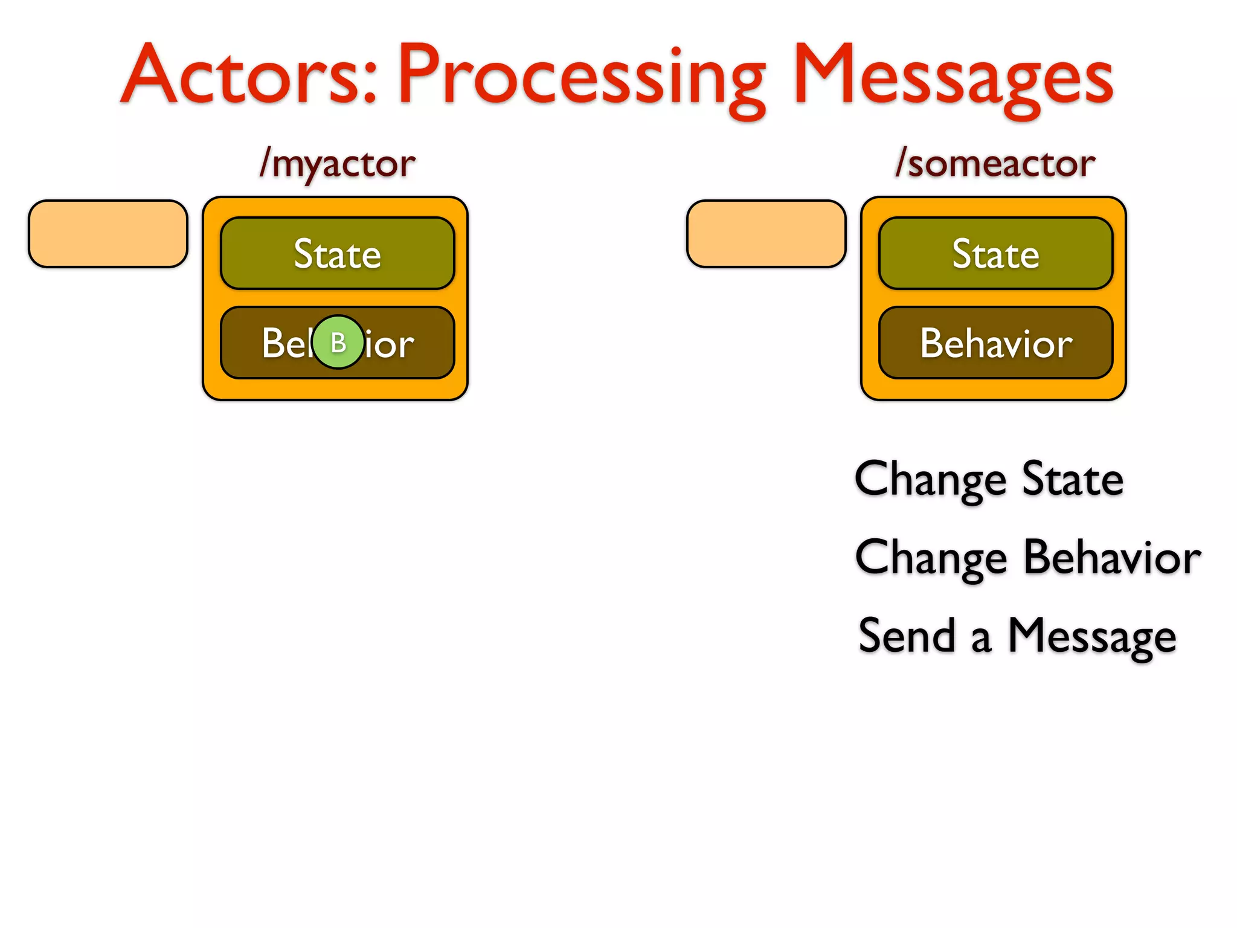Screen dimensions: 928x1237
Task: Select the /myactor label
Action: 337,164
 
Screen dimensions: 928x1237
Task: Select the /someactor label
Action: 995,164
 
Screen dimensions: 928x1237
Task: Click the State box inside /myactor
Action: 337,253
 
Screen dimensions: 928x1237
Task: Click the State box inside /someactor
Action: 995,253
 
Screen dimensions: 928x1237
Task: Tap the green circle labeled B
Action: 338,343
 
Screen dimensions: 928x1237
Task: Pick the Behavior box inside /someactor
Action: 995,343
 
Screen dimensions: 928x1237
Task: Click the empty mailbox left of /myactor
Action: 108,234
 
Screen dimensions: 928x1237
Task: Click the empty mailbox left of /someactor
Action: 766,234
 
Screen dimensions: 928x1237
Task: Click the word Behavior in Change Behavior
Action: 1112,557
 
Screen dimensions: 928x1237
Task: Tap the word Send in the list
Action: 907,636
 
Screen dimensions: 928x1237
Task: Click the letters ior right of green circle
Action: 390,344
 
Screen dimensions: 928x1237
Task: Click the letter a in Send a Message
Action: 982,639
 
